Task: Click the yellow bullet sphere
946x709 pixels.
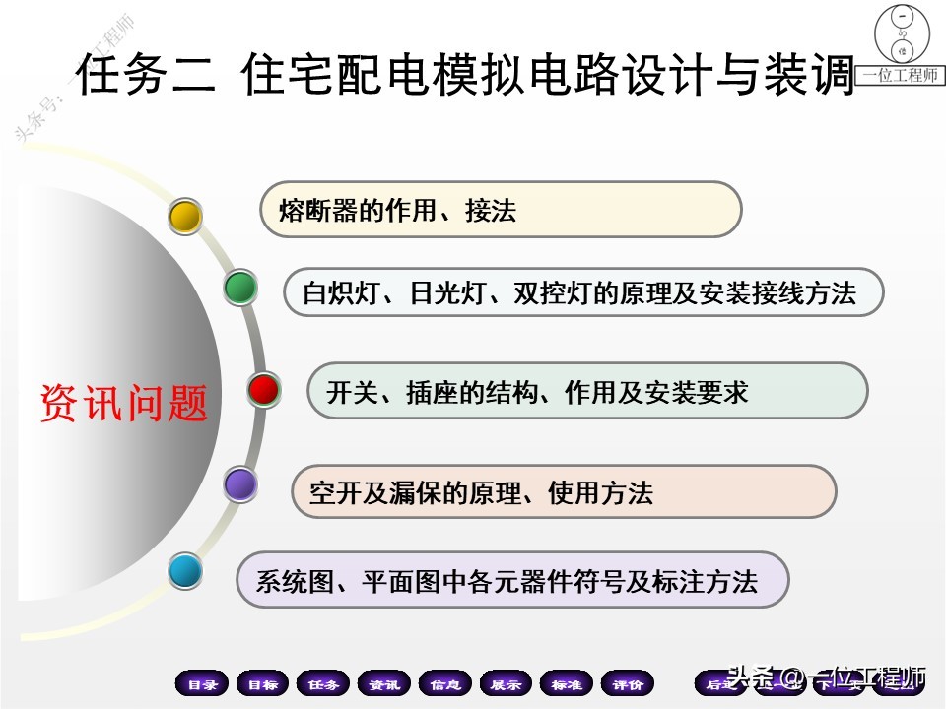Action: (184, 216)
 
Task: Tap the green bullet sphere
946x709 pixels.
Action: (240, 288)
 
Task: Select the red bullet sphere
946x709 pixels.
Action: (263, 390)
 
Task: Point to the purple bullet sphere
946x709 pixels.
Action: (239, 483)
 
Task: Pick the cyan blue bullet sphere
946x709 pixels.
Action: (184, 570)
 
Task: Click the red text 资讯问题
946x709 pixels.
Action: (124, 404)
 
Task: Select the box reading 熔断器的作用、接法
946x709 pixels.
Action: (500, 210)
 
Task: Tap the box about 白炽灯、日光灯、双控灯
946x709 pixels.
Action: (583, 292)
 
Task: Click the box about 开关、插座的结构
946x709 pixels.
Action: (587, 391)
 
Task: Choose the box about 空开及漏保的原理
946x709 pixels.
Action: (564, 491)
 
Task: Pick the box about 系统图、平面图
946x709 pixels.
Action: (512, 580)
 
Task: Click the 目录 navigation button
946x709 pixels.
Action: (202, 684)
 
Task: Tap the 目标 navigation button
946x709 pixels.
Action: (262, 684)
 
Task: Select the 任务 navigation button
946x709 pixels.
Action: (323, 684)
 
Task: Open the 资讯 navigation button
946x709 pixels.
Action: (384, 684)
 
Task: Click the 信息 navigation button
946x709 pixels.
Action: (445, 684)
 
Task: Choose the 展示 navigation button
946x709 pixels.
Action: (507, 684)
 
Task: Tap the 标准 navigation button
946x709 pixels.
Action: (567, 684)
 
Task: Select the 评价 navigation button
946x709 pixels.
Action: (628, 684)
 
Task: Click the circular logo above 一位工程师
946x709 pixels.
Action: (900, 36)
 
